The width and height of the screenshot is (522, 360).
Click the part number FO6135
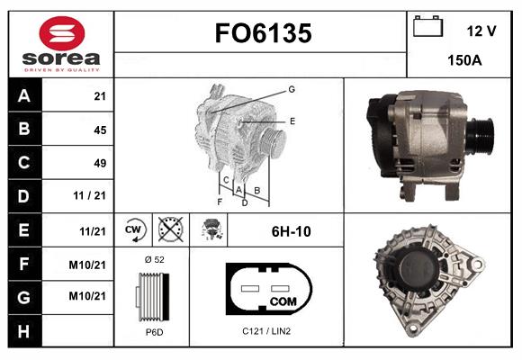click(x=264, y=33)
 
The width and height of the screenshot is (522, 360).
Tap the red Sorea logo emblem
click(x=62, y=33)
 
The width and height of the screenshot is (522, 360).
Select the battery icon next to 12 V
click(x=427, y=26)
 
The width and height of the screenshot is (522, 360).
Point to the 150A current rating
click(x=464, y=60)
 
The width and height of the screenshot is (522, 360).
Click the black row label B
click(x=24, y=129)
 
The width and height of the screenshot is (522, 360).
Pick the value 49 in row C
click(x=100, y=163)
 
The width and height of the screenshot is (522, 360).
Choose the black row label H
click(x=24, y=331)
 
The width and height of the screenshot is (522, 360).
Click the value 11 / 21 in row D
click(x=90, y=195)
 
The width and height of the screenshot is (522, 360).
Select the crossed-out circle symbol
click(x=171, y=229)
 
